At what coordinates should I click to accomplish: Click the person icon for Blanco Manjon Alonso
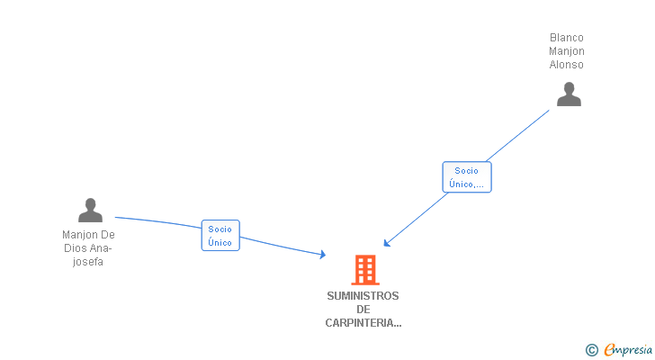[569, 94]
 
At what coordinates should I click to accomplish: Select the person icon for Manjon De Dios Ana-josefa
[90, 210]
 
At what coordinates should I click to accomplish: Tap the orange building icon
[364, 269]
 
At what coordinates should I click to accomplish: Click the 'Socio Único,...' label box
[467, 177]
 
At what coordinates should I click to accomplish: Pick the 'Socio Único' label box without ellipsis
[220, 236]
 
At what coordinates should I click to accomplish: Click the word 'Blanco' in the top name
[567, 38]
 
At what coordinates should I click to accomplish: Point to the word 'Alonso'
[567, 65]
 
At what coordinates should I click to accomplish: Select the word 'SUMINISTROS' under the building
[363, 296]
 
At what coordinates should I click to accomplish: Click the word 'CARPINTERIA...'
[363, 323]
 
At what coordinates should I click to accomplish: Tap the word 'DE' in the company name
[363, 310]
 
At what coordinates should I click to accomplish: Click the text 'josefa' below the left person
[89, 263]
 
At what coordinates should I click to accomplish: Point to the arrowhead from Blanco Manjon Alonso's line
[386, 242]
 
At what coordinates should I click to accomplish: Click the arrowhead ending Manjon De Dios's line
[322, 256]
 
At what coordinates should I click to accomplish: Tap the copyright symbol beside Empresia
[592, 350]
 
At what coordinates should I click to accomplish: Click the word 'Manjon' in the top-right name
[567, 51]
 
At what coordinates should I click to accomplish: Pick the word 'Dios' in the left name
[76, 249]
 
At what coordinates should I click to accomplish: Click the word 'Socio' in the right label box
[467, 171]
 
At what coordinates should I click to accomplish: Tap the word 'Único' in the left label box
[220, 242]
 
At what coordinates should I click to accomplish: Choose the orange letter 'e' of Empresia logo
[609, 350]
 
